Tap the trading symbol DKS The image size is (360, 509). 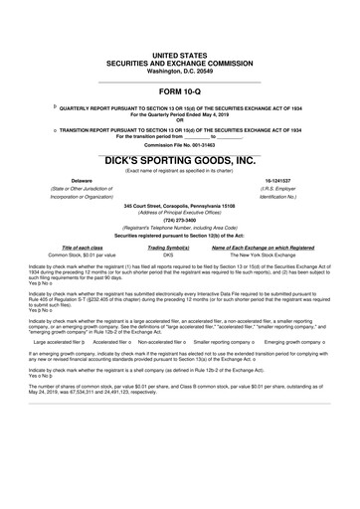pos(168,254)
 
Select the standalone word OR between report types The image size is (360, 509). pos(180,121)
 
